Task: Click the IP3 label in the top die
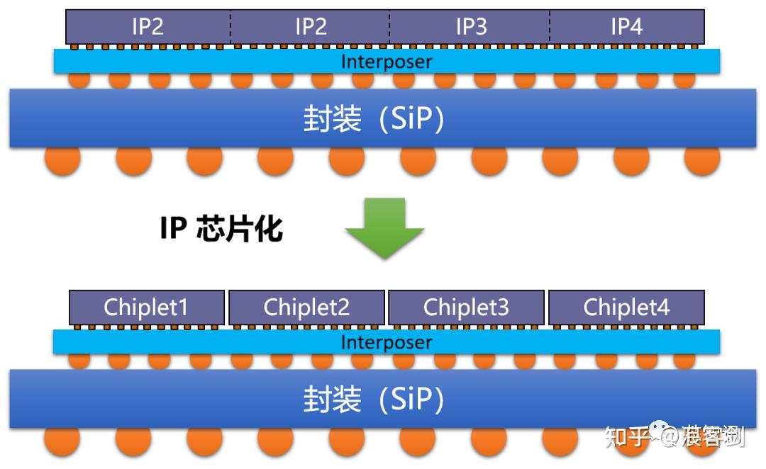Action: click(x=471, y=27)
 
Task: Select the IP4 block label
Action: click(x=626, y=27)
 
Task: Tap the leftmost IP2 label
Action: click(x=148, y=27)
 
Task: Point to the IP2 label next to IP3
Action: click(x=311, y=27)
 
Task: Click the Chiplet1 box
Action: click(x=147, y=307)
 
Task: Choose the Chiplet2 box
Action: click(x=306, y=307)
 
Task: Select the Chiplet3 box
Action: click(x=466, y=307)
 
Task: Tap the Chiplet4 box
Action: click(x=626, y=307)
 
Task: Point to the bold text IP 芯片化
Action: click(x=221, y=229)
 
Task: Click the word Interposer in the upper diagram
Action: click(x=387, y=62)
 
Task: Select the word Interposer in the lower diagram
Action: click(x=387, y=342)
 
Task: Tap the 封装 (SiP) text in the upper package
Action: click(x=374, y=119)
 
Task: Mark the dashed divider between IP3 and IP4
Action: click(x=549, y=27)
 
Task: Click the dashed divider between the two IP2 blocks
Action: click(x=230, y=27)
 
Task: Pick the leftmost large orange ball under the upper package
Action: click(x=62, y=160)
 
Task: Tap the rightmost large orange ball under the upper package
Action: click(x=702, y=160)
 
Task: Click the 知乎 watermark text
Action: click(x=623, y=437)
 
